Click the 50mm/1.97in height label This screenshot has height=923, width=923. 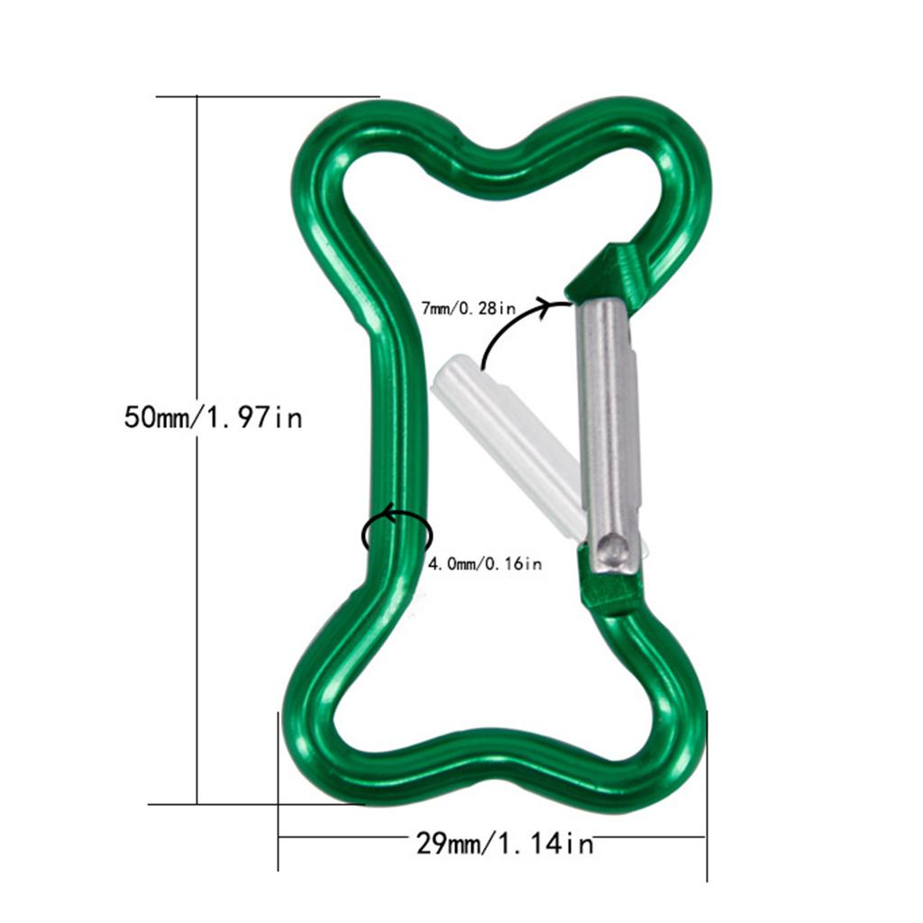(214, 417)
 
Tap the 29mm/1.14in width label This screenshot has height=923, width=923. (505, 844)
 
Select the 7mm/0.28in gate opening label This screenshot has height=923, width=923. (469, 308)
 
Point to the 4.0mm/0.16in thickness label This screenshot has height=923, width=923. (484, 564)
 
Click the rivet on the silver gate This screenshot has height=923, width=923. (614, 546)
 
